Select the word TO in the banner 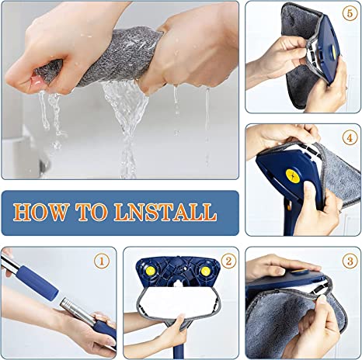[x=98, y=212]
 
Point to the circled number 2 [x=228, y=261]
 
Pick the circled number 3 [x=350, y=261]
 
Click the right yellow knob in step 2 [x=205, y=272]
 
